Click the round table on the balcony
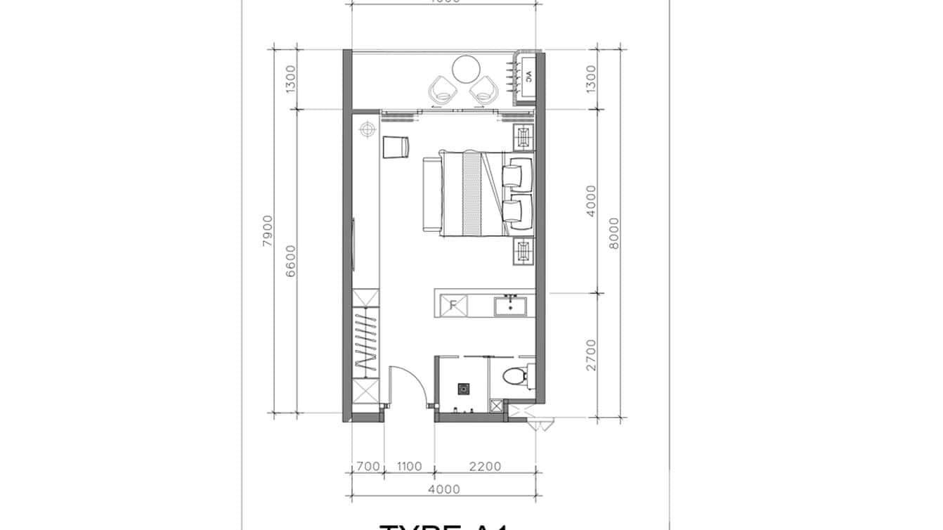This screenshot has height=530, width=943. (465, 69)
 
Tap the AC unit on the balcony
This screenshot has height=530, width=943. (528, 77)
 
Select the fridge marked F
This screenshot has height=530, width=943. (453, 306)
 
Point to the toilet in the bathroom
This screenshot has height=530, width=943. (516, 377)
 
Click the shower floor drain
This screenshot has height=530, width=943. (464, 387)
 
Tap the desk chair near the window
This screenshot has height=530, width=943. (396, 147)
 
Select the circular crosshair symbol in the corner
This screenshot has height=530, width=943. (366, 129)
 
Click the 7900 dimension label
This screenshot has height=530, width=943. (268, 231)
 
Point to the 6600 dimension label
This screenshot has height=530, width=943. (292, 261)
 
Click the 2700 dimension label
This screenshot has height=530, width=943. (591, 354)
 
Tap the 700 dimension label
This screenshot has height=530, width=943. (368, 466)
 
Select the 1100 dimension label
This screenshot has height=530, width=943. (409, 466)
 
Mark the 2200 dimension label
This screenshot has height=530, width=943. (485, 466)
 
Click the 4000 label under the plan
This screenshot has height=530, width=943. (443, 489)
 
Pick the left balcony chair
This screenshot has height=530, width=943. (443, 89)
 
